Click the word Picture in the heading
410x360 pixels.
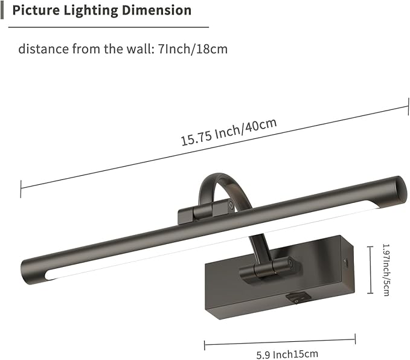tap(35, 11)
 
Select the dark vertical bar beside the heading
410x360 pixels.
tap(3, 10)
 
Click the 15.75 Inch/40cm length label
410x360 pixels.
tap(228, 132)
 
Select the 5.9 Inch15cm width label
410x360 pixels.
tap(278, 354)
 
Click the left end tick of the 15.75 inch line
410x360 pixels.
tap(21, 188)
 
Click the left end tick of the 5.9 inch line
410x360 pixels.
tap(205, 346)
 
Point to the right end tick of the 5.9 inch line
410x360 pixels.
tap(355, 338)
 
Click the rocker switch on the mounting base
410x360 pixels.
tap(296, 297)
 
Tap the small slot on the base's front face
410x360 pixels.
tap(346, 262)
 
